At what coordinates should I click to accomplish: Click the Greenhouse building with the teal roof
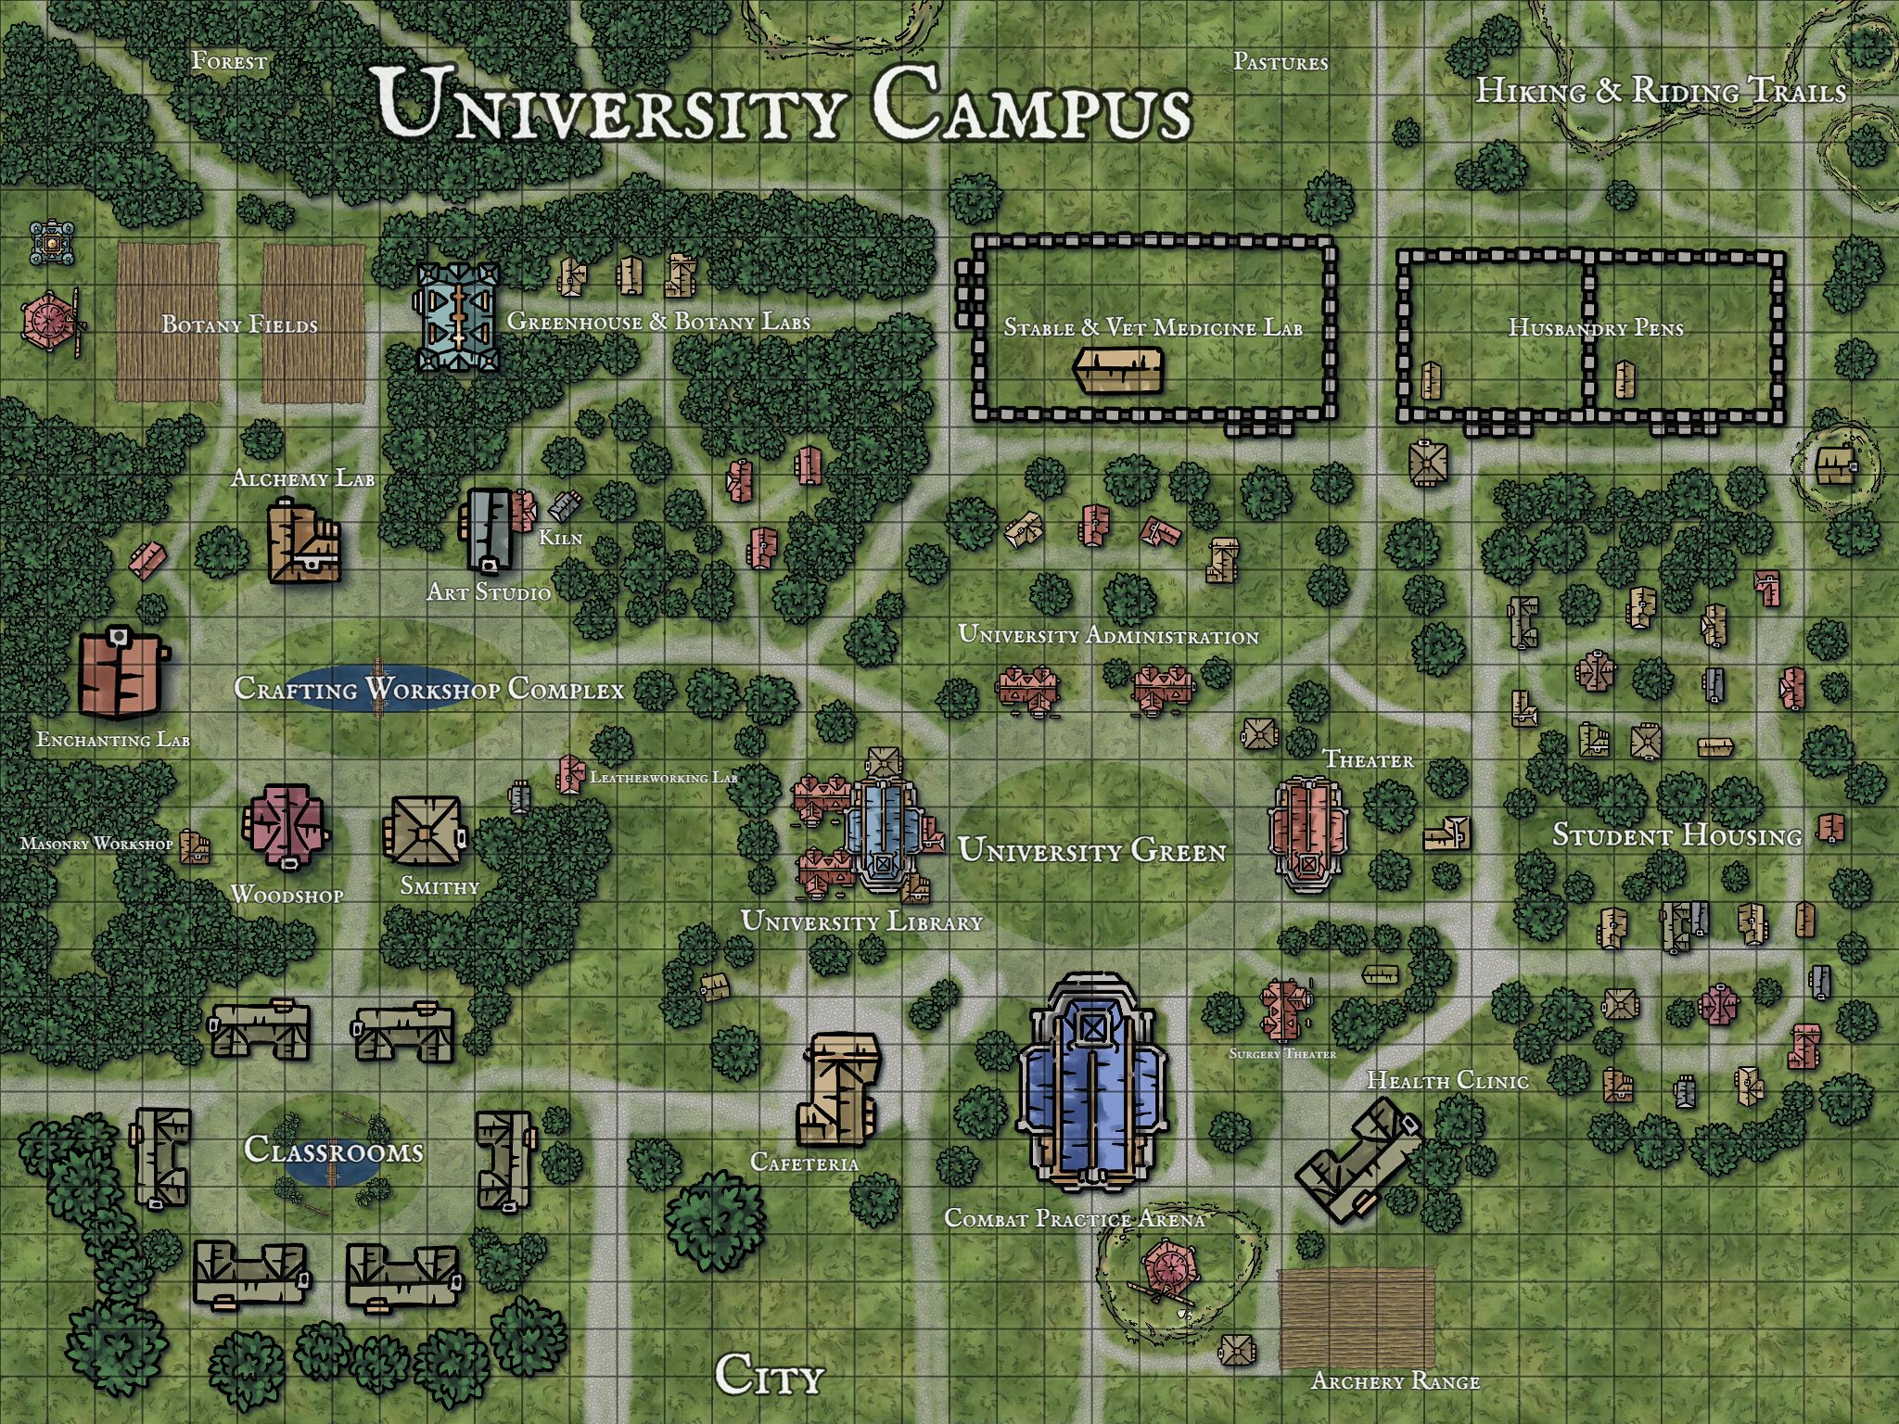tap(457, 317)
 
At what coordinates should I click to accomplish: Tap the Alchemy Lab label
tap(302, 478)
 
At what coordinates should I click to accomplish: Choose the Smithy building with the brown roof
tap(424, 833)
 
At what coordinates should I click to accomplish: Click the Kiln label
tap(561, 538)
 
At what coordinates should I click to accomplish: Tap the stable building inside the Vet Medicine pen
tap(1118, 371)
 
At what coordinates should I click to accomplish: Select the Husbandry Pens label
tap(1595, 327)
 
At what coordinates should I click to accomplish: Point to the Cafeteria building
tap(837, 1089)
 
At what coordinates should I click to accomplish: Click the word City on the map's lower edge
tap(769, 1375)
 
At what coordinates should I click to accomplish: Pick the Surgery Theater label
tap(1282, 1054)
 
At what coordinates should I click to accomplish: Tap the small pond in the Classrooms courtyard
tap(332, 1166)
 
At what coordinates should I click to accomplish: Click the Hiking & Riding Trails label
tap(1660, 91)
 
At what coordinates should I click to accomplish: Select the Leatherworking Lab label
tap(663, 778)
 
